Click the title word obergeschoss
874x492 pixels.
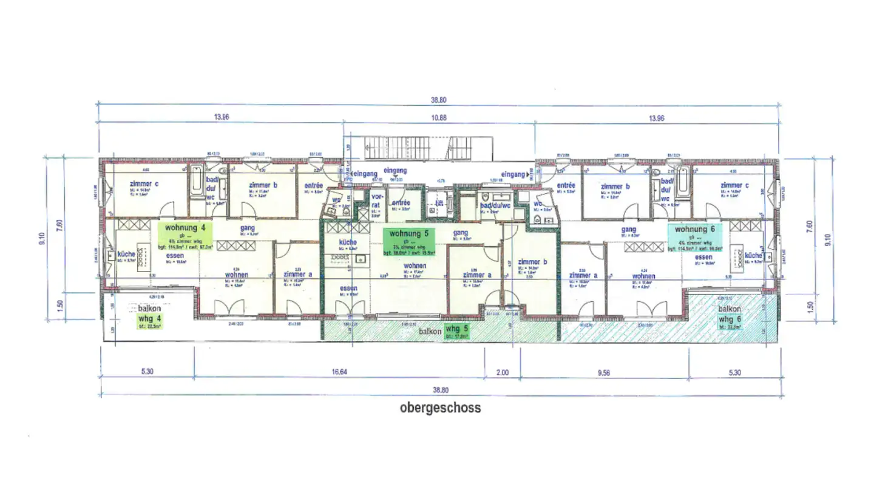[x=440, y=408]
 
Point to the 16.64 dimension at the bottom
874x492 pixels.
[x=339, y=372]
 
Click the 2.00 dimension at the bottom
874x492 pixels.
[x=503, y=372]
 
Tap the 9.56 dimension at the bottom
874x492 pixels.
[x=603, y=372]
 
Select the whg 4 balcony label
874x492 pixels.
[x=149, y=319]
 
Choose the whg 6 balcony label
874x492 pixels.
[x=730, y=319]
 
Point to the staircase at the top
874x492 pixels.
[x=427, y=148]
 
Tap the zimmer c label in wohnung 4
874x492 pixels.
[x=144, y=184]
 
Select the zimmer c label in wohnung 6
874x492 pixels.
[x=734, y=185]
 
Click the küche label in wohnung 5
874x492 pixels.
[x=348, y=242]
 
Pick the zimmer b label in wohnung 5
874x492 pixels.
[x=532, y=262]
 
